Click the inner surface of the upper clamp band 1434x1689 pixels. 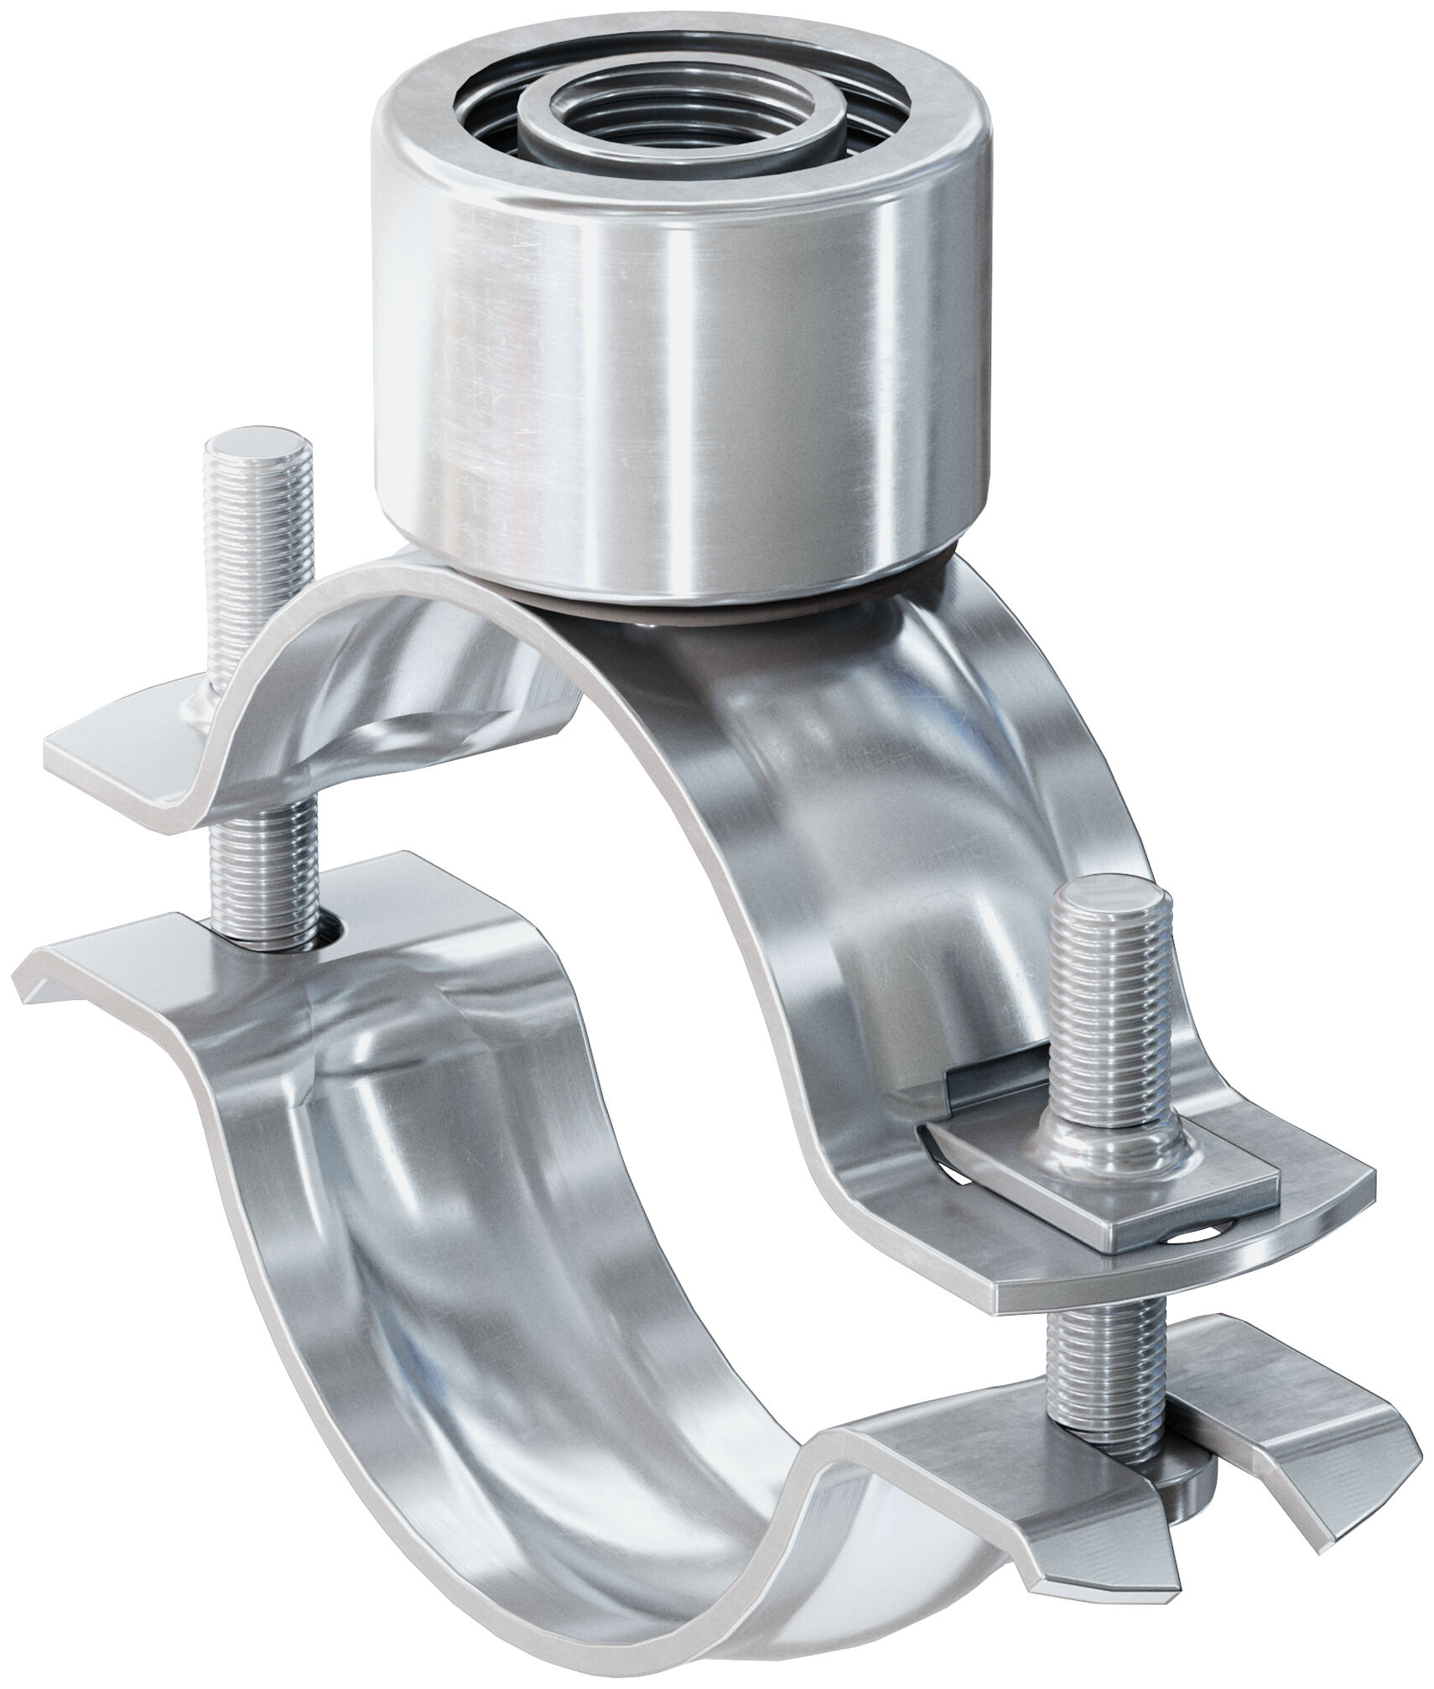click(x=881, y=797)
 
